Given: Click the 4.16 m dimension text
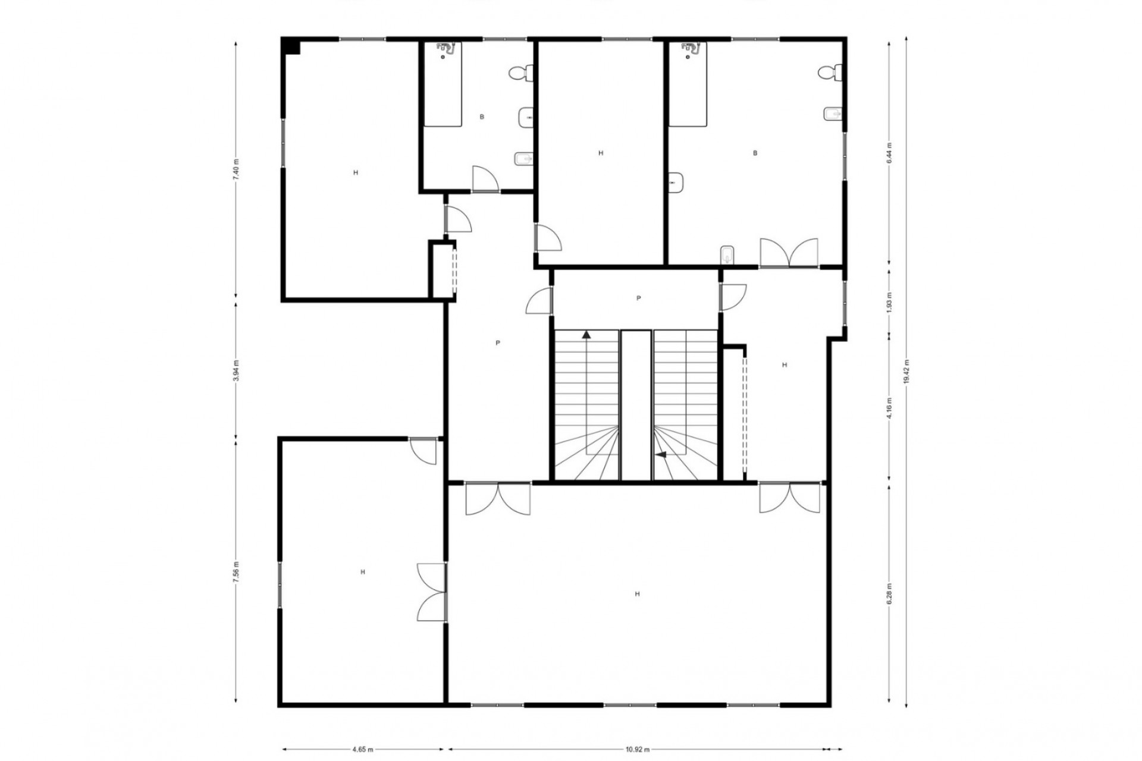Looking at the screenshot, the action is (889, 408).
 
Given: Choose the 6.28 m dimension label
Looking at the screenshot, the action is (889, 595).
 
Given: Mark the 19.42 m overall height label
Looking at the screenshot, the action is (906, 372).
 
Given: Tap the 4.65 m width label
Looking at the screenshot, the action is (362, 749).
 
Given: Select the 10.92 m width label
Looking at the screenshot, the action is (638, 749).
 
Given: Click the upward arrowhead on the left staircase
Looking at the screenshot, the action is (586, 334).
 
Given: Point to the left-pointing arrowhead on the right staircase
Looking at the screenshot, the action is (660, 455).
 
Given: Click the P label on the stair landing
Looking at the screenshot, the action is (639, 298).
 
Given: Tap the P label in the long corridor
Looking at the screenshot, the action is (498, 343).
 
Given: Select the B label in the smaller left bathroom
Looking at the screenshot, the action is (482, 117).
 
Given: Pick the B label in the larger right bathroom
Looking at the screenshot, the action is (755, 153).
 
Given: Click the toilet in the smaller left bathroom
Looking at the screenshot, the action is (521, 73).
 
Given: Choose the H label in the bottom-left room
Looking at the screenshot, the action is (363, 572).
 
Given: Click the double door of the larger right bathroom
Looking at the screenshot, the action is (789, 253).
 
